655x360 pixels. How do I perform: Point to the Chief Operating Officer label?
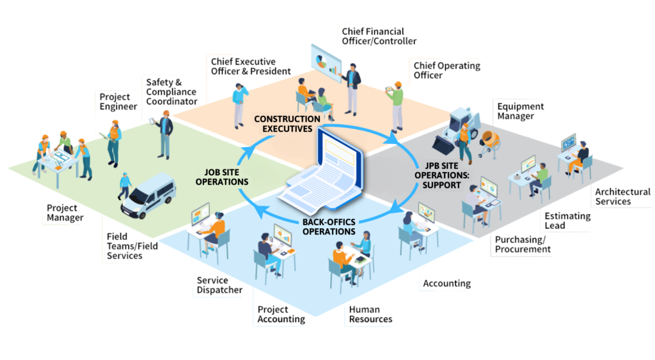tap(446, 70)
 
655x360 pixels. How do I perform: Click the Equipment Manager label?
tap(520, 111)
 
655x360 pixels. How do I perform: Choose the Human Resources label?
tap(370, 314)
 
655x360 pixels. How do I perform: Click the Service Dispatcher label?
tap(219, 285)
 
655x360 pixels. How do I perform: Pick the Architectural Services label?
tap(622, 196)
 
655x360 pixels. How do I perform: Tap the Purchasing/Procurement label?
tap(523, 244)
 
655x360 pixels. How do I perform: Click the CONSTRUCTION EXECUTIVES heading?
tap(287, 123)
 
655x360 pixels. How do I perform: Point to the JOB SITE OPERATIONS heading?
tap(226, 176)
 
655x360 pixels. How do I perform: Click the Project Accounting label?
tap(281, 314)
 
